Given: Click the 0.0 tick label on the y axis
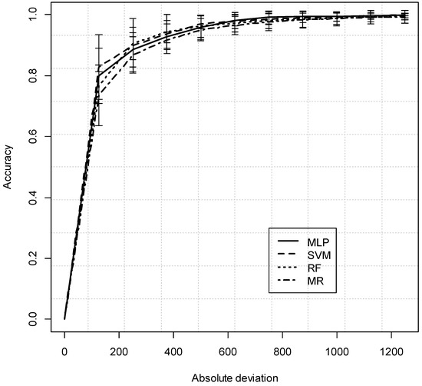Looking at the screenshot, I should pyautogui.click(x=31, y=318).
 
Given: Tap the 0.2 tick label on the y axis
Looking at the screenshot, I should pyautogui.click(x=31, y=258).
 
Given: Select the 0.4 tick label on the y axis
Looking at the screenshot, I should pyautogui.click(x=31, y=197).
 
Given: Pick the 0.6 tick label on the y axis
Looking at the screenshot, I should pyautogui.click(x=31, y=136).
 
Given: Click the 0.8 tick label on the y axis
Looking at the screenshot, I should pyautogui.click(x=31, y=75).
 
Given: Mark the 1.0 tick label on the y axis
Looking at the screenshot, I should pyautogui.click(x=31, y=15).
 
